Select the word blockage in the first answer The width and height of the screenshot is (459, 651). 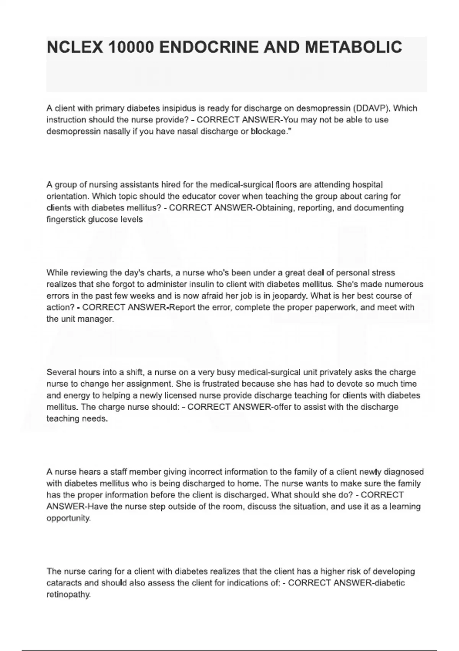pos(268,131)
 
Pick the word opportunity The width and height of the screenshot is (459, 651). pos(68,518)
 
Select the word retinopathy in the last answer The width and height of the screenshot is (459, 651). pos(68,595)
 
